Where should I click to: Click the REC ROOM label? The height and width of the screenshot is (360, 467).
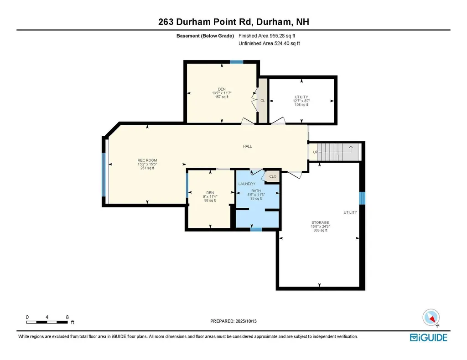[147, 160]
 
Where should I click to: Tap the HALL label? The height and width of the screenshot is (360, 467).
[247, 146]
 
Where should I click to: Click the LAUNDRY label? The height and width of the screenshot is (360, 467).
[247, 184]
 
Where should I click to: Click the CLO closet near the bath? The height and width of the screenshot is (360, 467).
[273, 176]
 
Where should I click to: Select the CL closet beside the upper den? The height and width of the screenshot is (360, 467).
[263, 101]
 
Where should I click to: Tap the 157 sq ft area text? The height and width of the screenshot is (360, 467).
[221, 97]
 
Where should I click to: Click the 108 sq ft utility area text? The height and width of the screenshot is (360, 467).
[301, 105]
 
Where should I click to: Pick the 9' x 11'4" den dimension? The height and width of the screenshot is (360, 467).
[210, 196]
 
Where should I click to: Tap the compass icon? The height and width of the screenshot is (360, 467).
[431, 318]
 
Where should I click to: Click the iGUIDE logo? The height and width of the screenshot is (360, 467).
[428, 338]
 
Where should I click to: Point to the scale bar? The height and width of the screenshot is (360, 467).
[47, 322]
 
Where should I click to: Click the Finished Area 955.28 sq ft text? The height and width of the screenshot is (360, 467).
[270, 36]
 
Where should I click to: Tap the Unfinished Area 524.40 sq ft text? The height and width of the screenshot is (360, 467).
[269, 44]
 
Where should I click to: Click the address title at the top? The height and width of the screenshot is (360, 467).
[233, 22]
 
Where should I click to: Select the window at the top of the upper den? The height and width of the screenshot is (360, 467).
[236, 62]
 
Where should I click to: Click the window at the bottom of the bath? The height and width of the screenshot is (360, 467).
[256, 230]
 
